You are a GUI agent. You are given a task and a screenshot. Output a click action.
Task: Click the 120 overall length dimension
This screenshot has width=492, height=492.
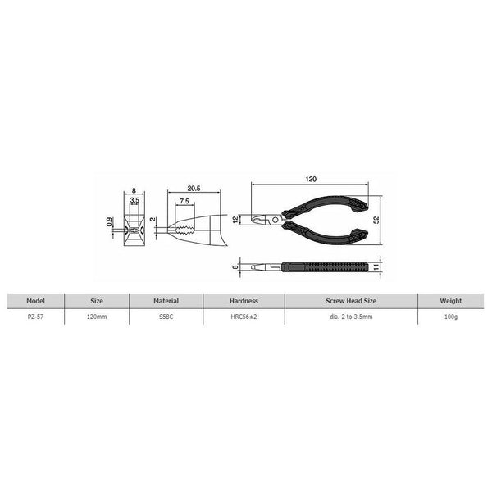click(x=311, y=178)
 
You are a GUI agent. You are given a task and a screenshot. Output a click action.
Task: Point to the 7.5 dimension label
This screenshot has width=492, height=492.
click(x=184, y=202)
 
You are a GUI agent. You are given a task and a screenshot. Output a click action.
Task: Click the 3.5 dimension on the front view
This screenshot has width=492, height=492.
click(x=134, y=200)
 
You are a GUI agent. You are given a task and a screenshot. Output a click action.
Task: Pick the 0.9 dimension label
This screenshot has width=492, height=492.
click(x=110, y=221)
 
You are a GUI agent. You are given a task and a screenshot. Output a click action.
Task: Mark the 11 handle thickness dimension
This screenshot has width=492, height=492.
click(x=376, y=266)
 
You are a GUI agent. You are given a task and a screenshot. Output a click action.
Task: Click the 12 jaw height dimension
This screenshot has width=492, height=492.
click(x=235, y=219)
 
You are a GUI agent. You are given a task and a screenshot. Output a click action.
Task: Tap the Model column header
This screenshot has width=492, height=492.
click(x=35, y=299)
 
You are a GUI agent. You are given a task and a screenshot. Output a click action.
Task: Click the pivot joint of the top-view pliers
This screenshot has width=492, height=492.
click(x=276, y=219)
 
